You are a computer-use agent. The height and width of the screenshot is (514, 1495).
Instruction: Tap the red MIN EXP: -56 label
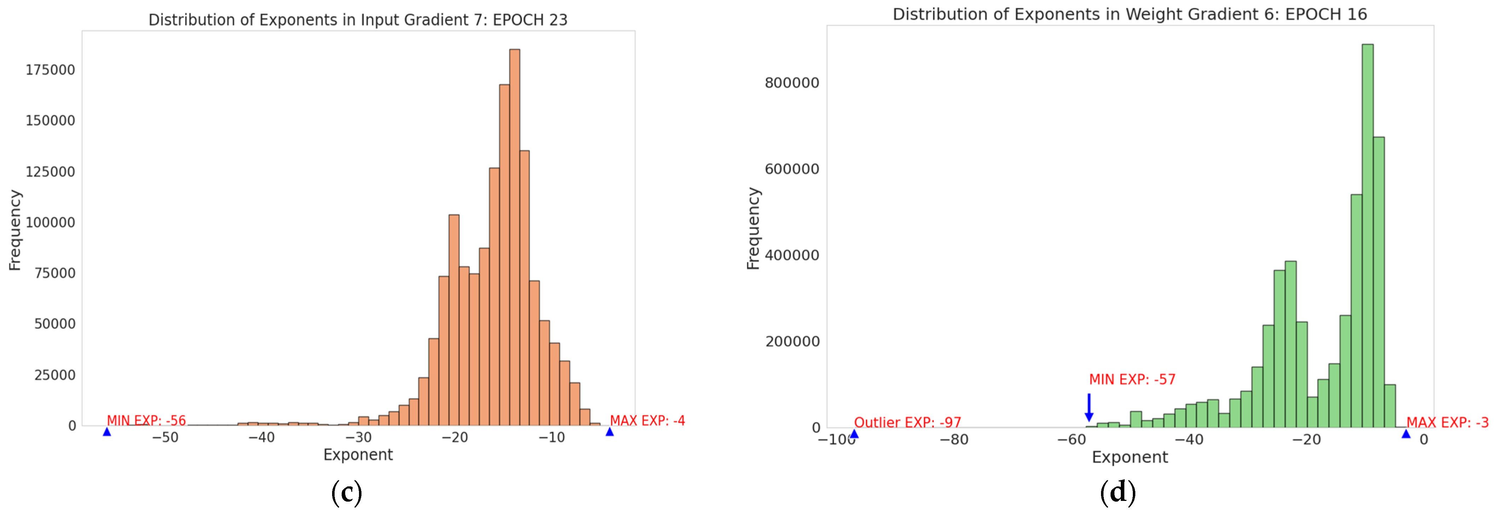click(146, 421)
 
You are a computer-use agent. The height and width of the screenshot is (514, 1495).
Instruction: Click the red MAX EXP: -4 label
click(647, 421)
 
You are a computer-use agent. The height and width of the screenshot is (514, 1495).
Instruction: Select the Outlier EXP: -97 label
click(907, 422)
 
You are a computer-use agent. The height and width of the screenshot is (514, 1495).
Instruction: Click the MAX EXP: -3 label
click(1447, 422)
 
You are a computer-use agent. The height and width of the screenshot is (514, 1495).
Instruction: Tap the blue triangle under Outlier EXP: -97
click(854, 433)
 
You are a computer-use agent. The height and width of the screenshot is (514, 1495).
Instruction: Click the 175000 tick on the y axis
click(51, 70)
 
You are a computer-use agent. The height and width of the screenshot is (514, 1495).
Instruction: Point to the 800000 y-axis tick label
click(792, 82)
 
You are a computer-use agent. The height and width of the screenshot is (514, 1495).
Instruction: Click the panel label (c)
click(347, 492)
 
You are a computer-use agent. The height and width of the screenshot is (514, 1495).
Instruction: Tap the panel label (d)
click(1118, 492)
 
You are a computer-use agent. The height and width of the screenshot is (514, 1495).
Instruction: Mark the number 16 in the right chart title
click(1357, 15)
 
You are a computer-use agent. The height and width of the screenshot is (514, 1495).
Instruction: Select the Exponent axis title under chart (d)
click(1129, 457)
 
